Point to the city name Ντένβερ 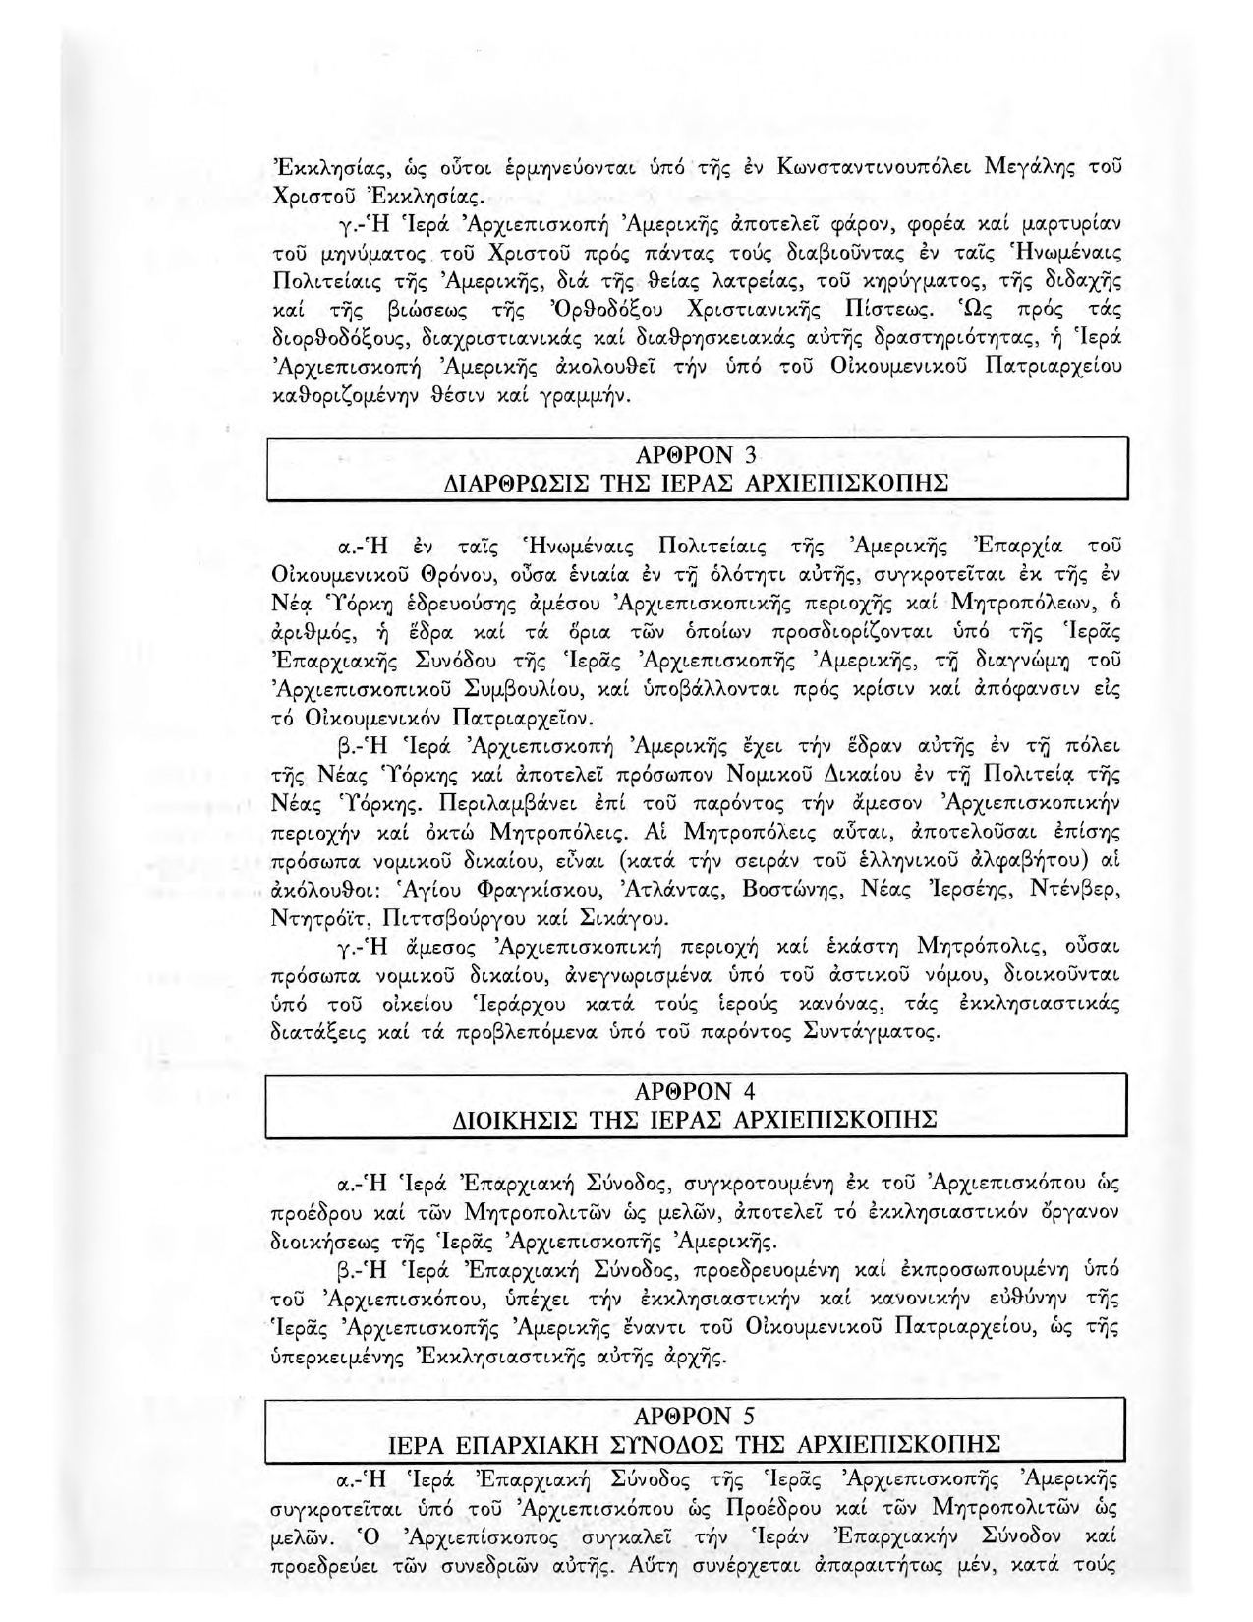click(1073, 890)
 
